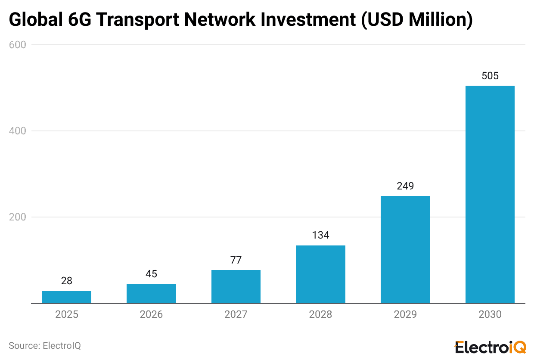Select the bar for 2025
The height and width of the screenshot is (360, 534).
coord(67,297)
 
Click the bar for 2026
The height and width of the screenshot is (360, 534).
coord(151,293)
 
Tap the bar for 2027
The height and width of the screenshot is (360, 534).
coord(236,286)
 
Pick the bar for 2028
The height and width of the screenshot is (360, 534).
coord(320,274)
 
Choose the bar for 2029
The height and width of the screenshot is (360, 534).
coord(405,249)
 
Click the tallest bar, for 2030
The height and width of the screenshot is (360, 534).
coord(490,194)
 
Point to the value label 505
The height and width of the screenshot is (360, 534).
coord(490,76)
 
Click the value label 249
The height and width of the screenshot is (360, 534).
coord(405,186)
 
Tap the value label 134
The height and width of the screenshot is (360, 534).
coord(320,235)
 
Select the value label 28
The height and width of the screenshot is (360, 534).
coord(67,281)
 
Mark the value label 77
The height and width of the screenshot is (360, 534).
coord(236,260)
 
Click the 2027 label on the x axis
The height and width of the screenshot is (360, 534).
coord(236,314)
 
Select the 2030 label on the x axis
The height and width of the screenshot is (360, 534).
coord(490,314)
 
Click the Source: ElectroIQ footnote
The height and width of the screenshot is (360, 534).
coord(45,345)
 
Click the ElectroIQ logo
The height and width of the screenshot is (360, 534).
coord(490,347)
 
